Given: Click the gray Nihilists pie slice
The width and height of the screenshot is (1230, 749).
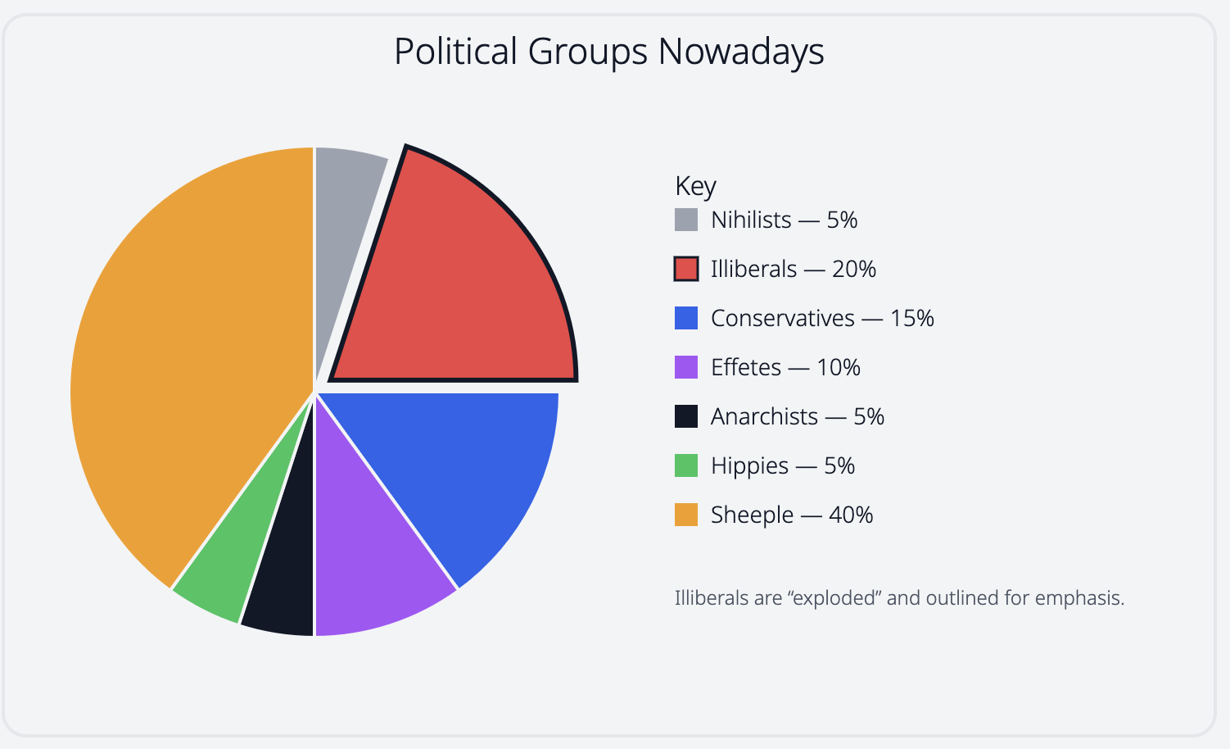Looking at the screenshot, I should point(344,213).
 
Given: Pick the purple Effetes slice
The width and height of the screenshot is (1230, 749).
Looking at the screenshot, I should point(369,557).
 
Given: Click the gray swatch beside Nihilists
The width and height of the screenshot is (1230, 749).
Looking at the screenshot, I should point(686,220).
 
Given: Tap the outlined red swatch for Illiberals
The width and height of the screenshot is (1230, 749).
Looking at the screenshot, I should point(686,269).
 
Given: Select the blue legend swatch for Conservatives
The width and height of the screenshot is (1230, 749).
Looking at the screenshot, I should point(686,318).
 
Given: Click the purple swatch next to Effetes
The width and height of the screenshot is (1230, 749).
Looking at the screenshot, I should point(686,367).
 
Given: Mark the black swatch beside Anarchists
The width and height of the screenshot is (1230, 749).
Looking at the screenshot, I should point(686,416).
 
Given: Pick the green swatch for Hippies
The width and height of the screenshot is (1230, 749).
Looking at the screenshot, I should point(686,465).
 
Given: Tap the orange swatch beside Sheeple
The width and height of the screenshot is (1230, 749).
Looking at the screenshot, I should point(686,515).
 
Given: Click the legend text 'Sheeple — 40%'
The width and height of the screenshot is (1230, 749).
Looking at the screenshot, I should point(792,515).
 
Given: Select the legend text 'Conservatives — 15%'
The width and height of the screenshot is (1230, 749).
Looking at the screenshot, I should point(822,318).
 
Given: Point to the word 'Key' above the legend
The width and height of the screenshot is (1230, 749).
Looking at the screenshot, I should point(695,186).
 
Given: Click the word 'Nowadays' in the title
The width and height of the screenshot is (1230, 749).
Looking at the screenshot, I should point(740,51).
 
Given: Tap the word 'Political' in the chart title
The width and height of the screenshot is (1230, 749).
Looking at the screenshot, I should point(455,51).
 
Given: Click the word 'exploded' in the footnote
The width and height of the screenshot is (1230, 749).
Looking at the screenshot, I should point(833,598).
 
